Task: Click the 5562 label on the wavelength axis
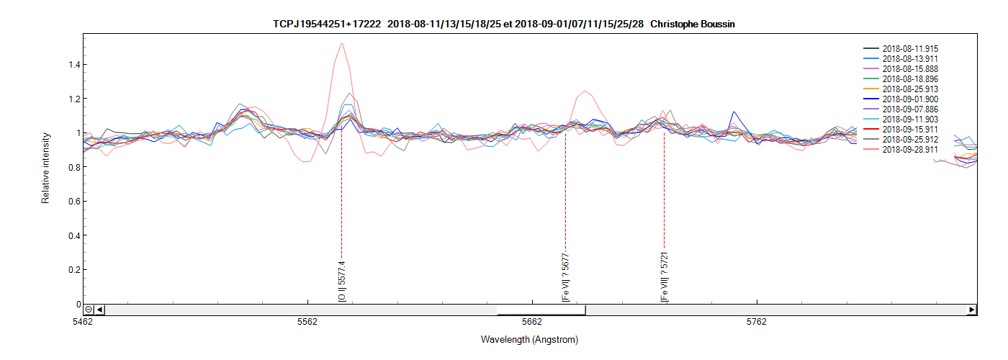pos(307,322)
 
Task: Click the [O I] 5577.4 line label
pos(342,281)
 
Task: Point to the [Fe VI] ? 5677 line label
pos(566,277)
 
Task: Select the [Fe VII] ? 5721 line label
pos(664,276)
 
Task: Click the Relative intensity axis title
pos(45,167)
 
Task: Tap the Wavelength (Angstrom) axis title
pos(529,339)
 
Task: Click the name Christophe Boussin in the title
pos(692,24)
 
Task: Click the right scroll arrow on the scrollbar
pos(972,310)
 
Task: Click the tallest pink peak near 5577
pos(341,43)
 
